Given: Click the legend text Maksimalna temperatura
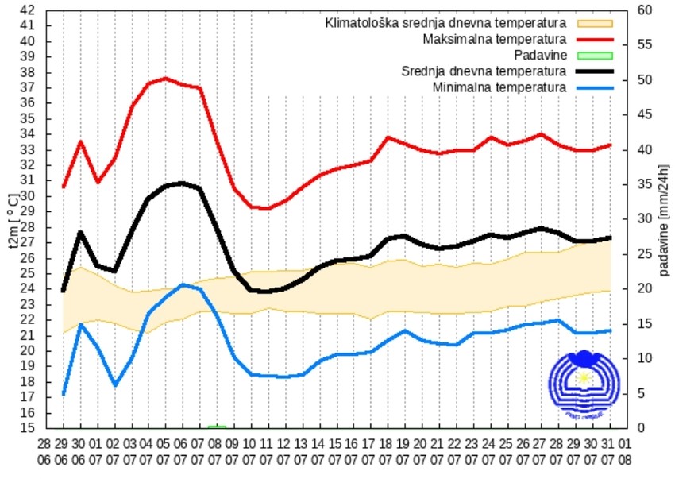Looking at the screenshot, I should click(x=494, y=39).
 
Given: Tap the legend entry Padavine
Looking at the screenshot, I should click(x=540, y=55).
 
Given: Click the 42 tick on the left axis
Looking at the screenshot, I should click(x=27, y=10).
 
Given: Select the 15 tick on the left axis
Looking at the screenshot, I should click(x=27, y=428).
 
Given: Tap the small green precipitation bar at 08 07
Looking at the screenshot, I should click(x=217, y=427).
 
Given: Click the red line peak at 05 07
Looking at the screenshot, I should click(x=165, y=79).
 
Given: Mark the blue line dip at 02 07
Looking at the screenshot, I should click(x=115, y=385).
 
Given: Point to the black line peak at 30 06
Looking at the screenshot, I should click(x=80, y=232).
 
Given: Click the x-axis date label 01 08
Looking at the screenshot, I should click(x=626, y=450).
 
